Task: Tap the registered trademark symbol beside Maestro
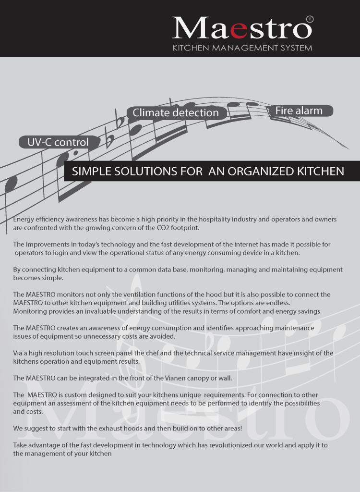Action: pyautogui.click(x=310, y=19)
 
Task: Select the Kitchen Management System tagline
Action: pyautogui.click(x=242, y=48)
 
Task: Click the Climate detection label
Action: pyautogui.click(x=175, y=113)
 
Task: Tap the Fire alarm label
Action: pyautogui.click(x=299, y=111)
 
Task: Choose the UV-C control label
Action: pyautogui.click(x=58, y=142)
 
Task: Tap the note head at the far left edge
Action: pyautogui.click(x=11, y=183)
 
